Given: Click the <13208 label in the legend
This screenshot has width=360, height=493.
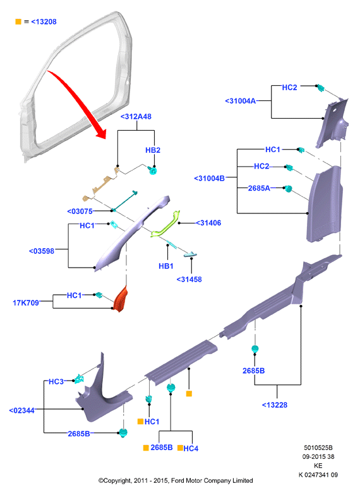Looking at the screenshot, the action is coord(44,21).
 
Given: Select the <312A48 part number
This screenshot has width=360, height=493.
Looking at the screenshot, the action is coord(136,117).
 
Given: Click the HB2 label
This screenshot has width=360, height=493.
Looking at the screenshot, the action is coord(153,150).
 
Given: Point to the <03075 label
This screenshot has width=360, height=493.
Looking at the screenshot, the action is coord(80,211).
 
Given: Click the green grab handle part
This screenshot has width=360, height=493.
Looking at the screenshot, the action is coord(165,224).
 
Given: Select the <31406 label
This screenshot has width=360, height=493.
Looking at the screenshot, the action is coord(208,223).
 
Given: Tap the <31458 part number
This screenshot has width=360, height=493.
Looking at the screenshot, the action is coord(189,280).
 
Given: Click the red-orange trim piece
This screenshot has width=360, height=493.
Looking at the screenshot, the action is coord(121,299).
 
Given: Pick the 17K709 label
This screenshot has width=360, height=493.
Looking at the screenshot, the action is coord(26,303).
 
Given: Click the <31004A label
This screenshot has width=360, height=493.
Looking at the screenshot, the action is coord(241,101).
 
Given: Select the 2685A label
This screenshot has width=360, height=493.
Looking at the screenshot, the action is coord(259,188).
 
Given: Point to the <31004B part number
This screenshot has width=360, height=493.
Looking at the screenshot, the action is coord(210,179).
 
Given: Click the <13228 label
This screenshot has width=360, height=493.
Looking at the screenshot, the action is coord(275,405).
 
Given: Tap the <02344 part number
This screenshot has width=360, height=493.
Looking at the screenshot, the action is coord(21,411).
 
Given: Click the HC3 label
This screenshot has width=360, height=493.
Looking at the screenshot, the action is coord(56,382).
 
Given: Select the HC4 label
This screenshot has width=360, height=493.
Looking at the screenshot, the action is coord(191,449).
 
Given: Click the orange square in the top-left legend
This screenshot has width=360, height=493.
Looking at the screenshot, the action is coord(18,21).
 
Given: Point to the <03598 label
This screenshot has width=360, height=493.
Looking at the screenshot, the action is coord(42,251).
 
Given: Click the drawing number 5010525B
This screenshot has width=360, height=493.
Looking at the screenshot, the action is coord(318,448).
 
